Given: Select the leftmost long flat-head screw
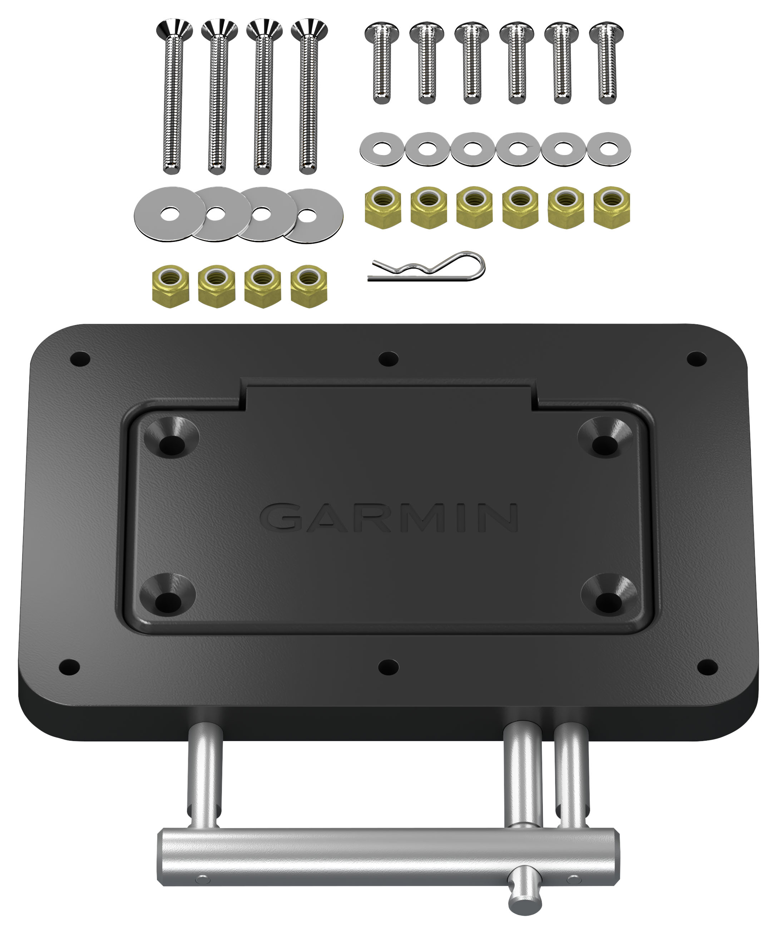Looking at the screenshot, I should click(x=174, y=96).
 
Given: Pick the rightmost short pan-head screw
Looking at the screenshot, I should click(x=607, y=62).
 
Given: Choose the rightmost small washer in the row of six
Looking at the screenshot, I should click(x=609, y=149).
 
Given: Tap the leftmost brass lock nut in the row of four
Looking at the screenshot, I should click(x=170, y=286).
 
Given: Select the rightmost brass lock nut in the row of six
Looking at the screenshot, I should click(x=612, y=207).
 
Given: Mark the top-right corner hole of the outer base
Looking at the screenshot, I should click(x=696, y=359).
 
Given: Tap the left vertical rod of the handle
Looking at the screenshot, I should click(x=205, y=773).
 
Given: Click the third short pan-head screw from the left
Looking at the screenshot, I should click(x=472, y=62).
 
